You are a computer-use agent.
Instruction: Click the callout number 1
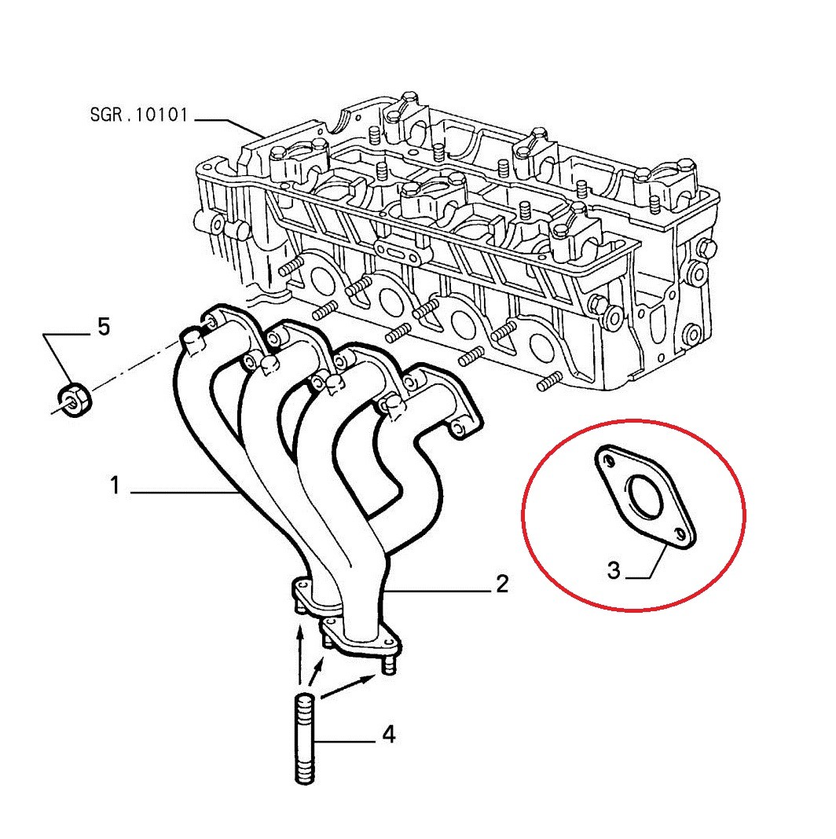[x=115, y=485]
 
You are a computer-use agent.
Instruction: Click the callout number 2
[x=502, y=584]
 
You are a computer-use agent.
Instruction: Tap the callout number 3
[x=614, y=570]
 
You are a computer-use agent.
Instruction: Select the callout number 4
[x=389, y=734]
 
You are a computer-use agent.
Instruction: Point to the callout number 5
[x=103, y=326]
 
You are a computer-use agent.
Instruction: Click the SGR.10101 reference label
[x=139, y=115]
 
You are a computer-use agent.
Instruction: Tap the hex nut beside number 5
[x=74, y=399]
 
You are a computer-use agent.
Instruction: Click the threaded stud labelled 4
[x=305, y=738]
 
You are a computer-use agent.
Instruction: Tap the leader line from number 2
[x=438, y=592]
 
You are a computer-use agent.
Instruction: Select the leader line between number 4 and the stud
[x=345, y=742]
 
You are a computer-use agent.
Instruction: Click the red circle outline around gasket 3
[x=523, y=515]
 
